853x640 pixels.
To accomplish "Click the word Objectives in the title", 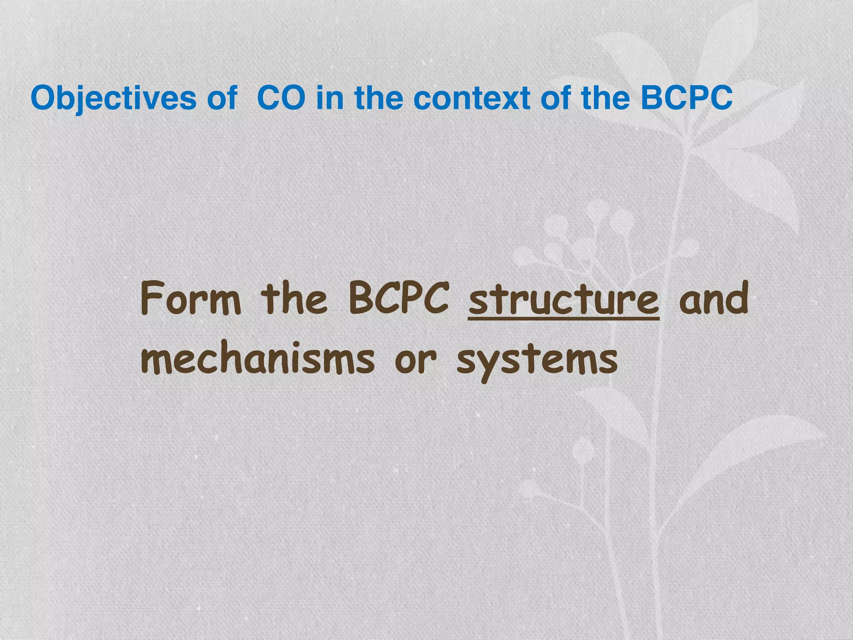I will click(113, 98).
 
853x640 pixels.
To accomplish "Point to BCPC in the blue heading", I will click(686, 98).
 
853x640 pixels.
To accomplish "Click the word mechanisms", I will click(257, 359).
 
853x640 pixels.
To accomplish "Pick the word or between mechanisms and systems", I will click(415, 360).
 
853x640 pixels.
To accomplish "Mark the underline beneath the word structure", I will click(563, 320).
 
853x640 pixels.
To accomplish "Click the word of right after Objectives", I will click(222, 98).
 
